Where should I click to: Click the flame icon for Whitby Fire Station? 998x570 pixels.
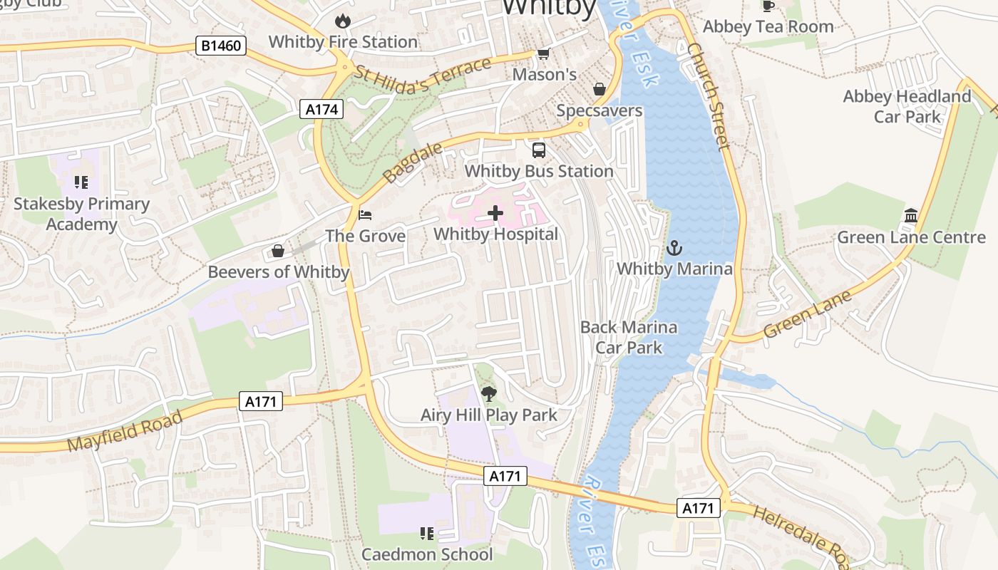tap(343, 21)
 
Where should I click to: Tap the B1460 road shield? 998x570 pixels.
tap(221, 46)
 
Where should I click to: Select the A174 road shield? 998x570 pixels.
tap(321, 109)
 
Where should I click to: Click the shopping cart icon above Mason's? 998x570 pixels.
tap(543, 54)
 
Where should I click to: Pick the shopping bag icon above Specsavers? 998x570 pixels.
tap(600, 89)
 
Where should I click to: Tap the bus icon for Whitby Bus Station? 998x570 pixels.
tap(539, 150)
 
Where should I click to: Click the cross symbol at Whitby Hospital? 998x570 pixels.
tap(495, 213)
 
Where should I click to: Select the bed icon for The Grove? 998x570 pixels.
tap(365, 214)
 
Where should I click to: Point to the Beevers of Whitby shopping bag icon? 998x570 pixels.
tap(278, 251)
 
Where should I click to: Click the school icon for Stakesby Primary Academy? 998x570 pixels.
tap(81, 182)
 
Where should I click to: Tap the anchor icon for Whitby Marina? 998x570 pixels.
tap(674, 248)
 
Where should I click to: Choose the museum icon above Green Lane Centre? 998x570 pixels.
tap(911, 215)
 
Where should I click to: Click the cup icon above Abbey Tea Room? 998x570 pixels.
tap(768, 6)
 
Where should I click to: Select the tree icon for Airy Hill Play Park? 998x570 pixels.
tap(488, 393)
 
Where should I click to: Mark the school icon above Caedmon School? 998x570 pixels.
tap(426, 533)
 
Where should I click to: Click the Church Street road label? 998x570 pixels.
tap(709, 96)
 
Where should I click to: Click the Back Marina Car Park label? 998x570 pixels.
tap(629, 337)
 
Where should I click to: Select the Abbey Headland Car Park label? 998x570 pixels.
tap(907, 106)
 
